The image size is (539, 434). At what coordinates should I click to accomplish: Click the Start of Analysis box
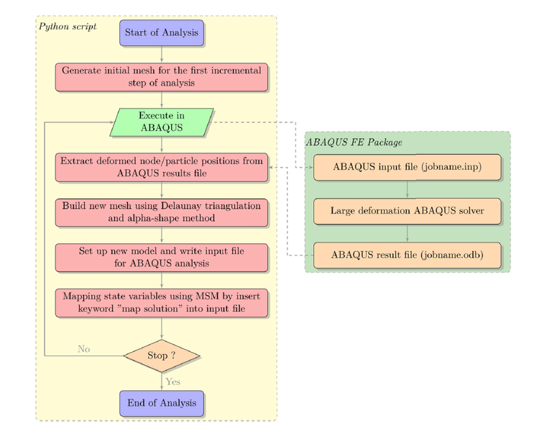click(x=162, y=32)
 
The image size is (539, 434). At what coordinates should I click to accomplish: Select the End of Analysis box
click(x=162, y=403)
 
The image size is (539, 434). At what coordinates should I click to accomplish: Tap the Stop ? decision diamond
click(x=162, y=356)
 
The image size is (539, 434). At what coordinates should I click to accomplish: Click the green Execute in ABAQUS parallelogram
click(x=162, y=122)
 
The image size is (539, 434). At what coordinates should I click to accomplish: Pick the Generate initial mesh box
click(x=162, y=77)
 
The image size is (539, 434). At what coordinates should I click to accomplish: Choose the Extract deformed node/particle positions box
click(x=162, y=167)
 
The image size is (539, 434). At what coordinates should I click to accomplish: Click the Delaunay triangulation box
click(x=162, y=212)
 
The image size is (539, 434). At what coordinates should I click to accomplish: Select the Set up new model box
click(x=162, y=257)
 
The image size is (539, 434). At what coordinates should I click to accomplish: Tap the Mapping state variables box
click(x=162, y=302)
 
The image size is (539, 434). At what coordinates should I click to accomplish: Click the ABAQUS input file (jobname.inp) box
click(x=407, y=167)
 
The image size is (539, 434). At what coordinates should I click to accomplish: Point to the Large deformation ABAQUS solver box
click(x=407, y=211)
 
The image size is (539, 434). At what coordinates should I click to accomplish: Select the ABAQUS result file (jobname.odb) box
click(x=407, y=255)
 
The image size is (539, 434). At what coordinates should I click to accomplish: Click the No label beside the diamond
click(x=84, y=349)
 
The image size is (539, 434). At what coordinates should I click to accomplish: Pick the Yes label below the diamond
click(x=173, y=381)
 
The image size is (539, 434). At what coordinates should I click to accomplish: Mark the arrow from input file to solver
click(x=407, y=189)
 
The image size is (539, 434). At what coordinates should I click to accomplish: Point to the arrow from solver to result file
click(x=407, y=233)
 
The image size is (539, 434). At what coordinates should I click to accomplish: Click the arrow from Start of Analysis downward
click(x=162, y=54)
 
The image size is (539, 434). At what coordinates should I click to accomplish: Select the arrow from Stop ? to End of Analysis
click(x=162, y=381)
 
